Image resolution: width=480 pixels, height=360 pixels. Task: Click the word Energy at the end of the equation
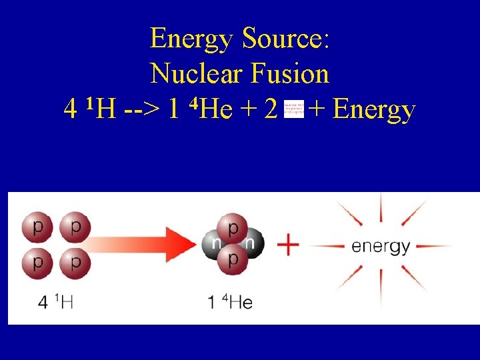pyautogui.click(x=374, y=110)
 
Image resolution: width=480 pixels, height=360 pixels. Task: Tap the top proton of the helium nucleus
pyautogui.click(x=233, y=229)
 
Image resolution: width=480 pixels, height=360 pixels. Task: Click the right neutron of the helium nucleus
pyautogui.click(x=251, y=244)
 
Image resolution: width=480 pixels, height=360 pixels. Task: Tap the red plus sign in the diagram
pyautogui.click(x=288, y=245)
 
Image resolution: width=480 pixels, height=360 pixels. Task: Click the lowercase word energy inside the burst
pyautogui.click(x=381, y=246)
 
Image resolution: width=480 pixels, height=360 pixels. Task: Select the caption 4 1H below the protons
pyautogui.click(x=56, y=302)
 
